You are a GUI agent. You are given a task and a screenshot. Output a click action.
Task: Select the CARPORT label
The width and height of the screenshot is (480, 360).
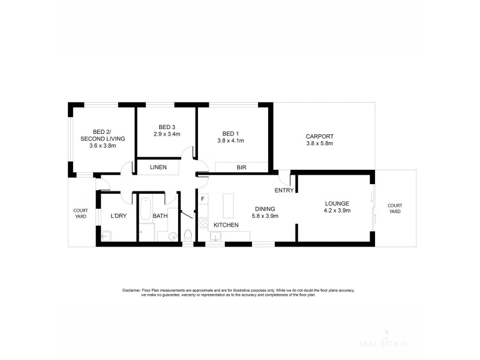coord(320,136)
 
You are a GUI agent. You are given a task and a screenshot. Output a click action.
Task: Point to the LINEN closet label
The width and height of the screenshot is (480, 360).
coord(158,167)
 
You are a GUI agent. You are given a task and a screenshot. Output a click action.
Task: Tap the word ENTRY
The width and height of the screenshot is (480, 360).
coord(283,191)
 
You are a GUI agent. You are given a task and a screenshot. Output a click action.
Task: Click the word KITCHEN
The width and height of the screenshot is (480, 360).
coord(226,225)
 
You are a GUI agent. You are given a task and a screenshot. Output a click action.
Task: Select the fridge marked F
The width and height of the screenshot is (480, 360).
coord(203,198)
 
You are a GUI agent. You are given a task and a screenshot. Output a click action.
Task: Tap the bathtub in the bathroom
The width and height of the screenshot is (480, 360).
coord(145,210)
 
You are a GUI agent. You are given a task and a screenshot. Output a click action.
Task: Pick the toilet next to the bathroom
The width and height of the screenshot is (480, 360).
coord(188,235)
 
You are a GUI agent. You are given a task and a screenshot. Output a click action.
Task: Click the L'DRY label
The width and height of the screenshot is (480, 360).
coord(118,216)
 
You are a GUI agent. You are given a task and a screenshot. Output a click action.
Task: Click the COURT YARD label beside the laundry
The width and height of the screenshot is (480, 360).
coord(80,213)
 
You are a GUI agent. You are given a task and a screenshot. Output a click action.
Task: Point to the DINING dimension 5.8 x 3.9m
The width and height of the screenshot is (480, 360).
coord(264,216)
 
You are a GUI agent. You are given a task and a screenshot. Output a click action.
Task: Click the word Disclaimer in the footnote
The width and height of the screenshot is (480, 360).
coord(131,290)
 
